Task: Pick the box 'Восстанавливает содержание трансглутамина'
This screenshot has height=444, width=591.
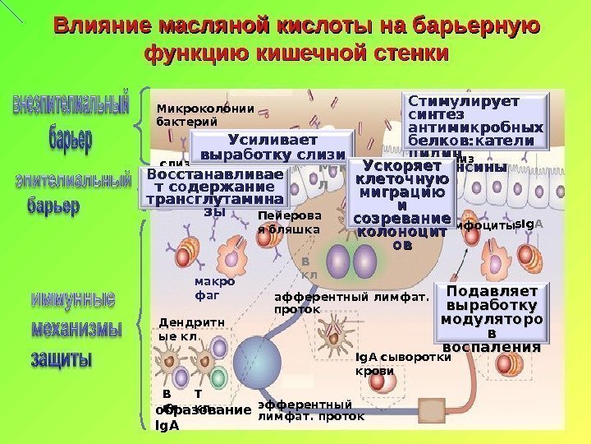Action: tap(215, 187)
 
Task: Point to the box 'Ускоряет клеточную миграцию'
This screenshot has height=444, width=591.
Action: tap(401, 205)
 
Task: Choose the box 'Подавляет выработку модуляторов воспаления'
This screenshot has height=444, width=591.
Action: tap(491, 318)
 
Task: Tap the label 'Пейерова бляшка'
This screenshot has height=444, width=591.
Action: tap(287, 223)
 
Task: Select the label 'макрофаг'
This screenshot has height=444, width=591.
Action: tap(214, 288)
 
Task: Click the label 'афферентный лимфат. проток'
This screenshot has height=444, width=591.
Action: tap(351, 304)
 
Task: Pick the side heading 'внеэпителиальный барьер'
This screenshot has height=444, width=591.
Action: tap(71, 120)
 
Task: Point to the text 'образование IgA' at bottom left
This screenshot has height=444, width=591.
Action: tap(202, 417)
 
